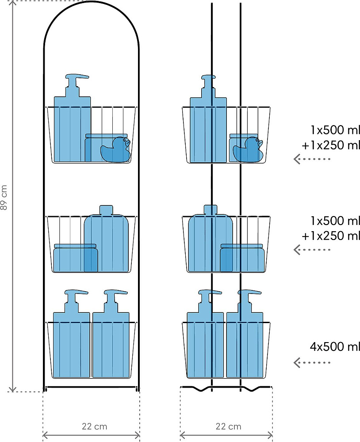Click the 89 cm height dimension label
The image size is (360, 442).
(4, 197)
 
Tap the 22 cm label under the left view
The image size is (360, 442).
(95, 427)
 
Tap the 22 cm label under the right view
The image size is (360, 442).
(228, 427)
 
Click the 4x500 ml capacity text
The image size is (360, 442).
(335, 347)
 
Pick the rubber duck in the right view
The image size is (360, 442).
(248, 149)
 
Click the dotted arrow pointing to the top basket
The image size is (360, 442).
(312, 159)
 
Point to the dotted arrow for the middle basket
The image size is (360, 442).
(312, 249)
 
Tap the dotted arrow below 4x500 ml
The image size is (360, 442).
(312, 362)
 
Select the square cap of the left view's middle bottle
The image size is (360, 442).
(106, 210)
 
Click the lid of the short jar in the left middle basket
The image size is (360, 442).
(75, 246)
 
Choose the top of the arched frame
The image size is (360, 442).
(92, 2)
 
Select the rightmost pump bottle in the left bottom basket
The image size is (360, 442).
(111, 334)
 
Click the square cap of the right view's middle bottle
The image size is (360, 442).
(211, 210)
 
